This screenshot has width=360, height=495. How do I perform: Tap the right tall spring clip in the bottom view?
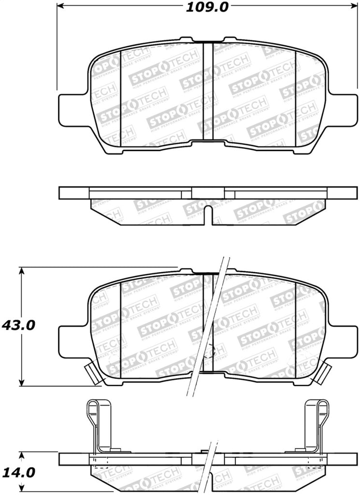click(x=317, y=425)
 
